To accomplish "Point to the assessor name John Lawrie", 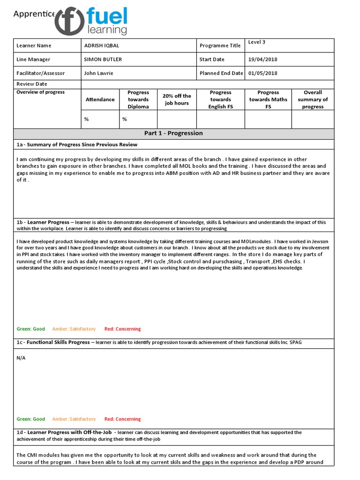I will pos(98,73).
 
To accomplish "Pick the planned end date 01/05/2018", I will pos(262,73).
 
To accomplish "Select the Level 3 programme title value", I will pos(256,42).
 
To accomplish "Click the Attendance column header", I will pos(100,99).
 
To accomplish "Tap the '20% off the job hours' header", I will pos(177,99).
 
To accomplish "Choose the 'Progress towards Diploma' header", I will pos(138,99).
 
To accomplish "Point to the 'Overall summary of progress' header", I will pos(313,99).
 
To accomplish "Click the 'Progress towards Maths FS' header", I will pos(268,99).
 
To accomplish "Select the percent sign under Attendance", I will pos(86,119).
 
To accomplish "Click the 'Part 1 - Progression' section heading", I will pos(173,133).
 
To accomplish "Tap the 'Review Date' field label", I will pos(32,84).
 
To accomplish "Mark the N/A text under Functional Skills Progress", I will pos(21,357).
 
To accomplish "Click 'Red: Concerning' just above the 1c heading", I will pos(122,329).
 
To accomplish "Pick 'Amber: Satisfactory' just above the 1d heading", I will pos(74,419).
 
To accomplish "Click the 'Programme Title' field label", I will pos(220,46).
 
